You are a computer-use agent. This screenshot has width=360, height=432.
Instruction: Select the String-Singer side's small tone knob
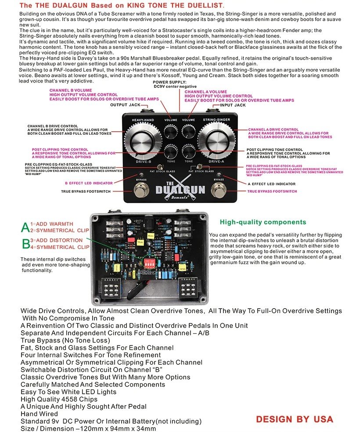[189, 151]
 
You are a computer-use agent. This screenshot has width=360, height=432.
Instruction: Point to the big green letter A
[26, 227]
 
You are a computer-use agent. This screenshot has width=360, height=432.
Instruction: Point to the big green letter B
[26, 244]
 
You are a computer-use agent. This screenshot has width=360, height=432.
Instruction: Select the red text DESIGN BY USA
[295, 419]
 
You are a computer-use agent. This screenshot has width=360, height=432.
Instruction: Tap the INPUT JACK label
[234, 105]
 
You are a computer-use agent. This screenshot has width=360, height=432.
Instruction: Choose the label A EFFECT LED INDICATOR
[271, 184]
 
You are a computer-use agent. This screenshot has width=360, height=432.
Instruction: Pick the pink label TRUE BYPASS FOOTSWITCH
[272, 191]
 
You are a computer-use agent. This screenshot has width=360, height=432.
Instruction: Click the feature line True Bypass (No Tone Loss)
[65, 340]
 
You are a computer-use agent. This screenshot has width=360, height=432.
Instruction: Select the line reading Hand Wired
[39, 414]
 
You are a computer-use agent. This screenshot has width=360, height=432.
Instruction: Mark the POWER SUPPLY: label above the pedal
[170, 82]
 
